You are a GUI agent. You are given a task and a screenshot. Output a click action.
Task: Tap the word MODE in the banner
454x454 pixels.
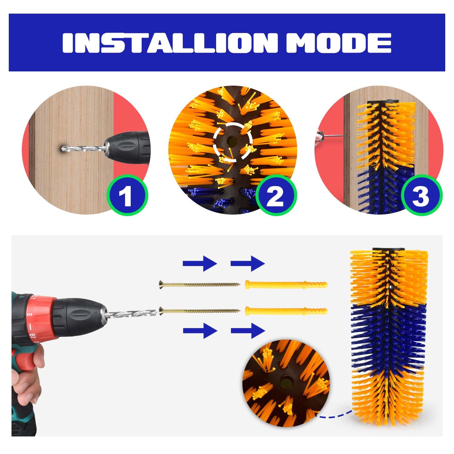click(x=343, y=43)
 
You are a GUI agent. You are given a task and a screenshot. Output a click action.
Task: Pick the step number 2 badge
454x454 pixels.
click(x=276, y=196)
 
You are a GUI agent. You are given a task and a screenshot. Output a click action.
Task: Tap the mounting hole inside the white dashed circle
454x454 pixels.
click(x=232, y=140)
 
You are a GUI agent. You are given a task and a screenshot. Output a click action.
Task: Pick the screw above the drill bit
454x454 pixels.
click(x=200, y=284)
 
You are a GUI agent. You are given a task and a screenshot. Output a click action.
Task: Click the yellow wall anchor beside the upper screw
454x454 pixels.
click(x=286, y=285)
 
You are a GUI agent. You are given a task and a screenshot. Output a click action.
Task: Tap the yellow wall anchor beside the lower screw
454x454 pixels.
click(x=286, y=311)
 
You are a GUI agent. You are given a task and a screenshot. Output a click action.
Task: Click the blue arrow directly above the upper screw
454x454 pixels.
click(x=200, y=263)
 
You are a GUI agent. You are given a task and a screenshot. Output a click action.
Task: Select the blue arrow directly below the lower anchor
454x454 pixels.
click(x=248, y=331)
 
